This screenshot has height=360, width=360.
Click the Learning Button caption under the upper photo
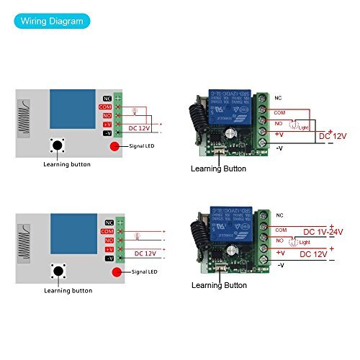(x=218, y=169)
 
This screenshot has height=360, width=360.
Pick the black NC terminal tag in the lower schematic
(x=109, y=222)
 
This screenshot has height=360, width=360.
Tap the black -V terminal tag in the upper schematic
(x=108, y=133)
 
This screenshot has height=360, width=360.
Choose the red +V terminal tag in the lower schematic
(x=109, y=248)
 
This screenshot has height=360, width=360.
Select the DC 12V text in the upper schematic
(x=142, y=128)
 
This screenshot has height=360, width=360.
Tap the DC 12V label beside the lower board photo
(x=315, y=253)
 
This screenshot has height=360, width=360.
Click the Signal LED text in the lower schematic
(x=145, y=273)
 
